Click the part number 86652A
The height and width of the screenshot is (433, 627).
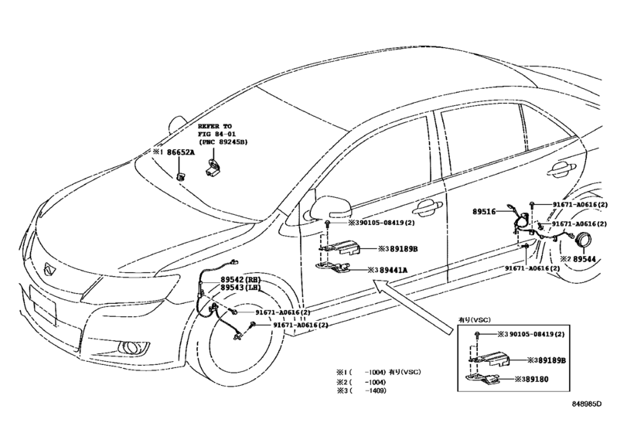point(180,152)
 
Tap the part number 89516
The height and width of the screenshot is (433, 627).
point(484,212)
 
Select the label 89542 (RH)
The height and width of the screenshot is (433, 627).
point(240,279)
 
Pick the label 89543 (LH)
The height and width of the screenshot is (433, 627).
point(240,288)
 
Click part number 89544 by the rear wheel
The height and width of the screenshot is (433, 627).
point(584,259)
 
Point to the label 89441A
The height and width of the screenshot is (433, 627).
point(393,271)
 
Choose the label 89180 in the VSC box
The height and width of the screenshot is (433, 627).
point(537,379)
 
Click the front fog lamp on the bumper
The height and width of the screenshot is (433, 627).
point(131,347)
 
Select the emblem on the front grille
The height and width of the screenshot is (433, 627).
point(50,270)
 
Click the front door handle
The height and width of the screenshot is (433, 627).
point(428,207)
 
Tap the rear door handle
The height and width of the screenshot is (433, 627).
point(562,169)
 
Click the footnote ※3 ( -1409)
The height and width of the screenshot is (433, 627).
point(362,390)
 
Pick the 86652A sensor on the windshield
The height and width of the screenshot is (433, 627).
point(180,176)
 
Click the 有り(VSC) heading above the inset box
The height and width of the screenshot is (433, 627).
point(474,320)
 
